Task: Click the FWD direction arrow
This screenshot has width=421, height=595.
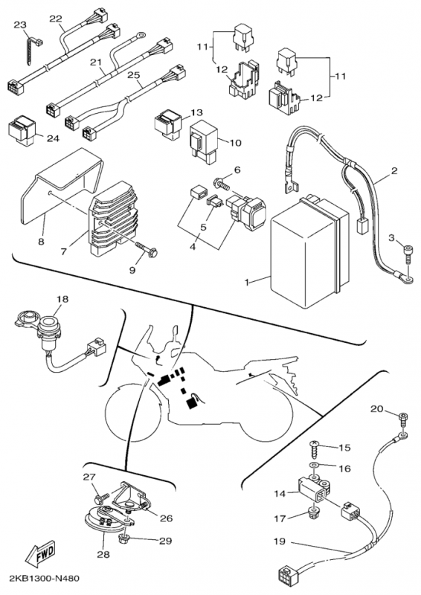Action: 40,552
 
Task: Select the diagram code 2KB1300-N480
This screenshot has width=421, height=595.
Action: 41,579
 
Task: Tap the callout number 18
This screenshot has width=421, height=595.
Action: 62,299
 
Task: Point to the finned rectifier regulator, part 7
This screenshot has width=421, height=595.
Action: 113,217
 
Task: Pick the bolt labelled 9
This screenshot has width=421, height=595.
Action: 145,248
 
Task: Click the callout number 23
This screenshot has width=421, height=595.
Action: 20,25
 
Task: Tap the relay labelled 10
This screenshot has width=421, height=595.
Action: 204,141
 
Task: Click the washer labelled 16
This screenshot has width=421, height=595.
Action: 315,466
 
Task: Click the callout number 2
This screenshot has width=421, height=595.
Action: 394,171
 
